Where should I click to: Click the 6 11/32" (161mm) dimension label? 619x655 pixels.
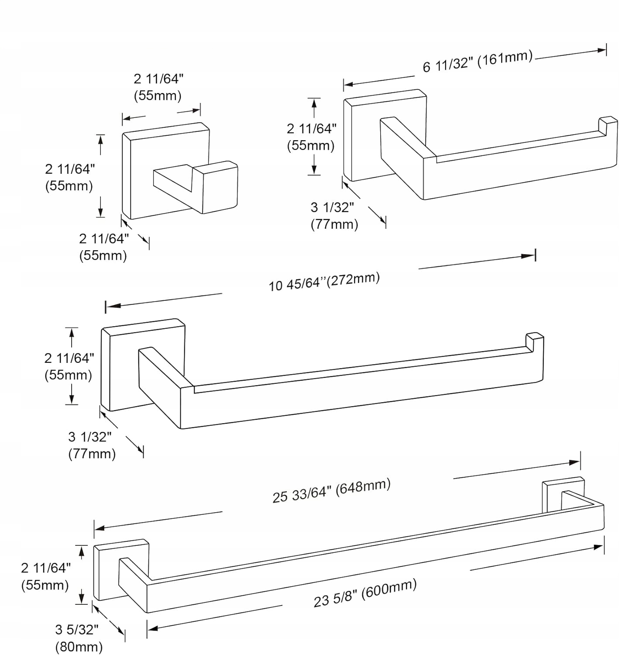click(478, 62)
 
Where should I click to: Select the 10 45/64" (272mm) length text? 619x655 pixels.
click(324, 282)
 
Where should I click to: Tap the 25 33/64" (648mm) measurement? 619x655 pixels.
click(331, 490)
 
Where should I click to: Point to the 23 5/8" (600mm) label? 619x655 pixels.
click(365, 593)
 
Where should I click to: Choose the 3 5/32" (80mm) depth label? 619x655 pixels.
click(78, 638)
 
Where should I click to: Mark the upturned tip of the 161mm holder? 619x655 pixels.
click(608, 124)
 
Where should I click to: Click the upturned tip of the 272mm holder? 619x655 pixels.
click(534, 341)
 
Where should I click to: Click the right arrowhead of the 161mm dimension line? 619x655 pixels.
click(601, 51)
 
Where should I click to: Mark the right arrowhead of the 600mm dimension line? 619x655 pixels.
click(598, 547)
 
